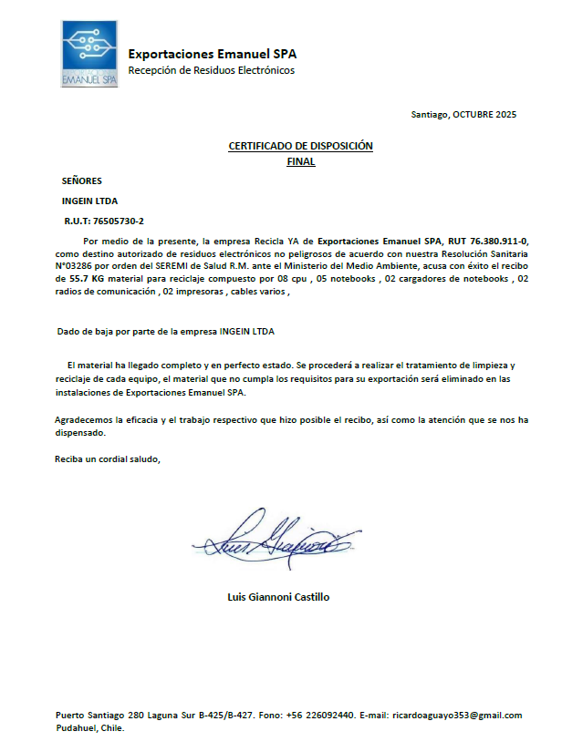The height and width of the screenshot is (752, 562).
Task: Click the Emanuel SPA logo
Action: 89,55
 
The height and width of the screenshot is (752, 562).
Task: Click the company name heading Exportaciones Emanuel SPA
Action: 212,54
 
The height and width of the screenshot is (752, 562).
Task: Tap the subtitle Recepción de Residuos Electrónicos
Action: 211,70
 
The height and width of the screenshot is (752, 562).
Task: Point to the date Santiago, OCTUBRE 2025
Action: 463,115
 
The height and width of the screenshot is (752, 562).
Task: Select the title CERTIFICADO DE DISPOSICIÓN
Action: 300,146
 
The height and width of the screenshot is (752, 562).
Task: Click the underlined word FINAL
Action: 300,161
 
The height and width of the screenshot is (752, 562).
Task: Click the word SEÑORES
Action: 82,181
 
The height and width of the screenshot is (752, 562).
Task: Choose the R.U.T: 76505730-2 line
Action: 104,221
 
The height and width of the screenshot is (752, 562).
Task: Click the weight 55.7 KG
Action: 88,279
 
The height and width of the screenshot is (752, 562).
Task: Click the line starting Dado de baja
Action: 165,331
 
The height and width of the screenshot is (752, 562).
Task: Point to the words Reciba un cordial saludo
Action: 108,458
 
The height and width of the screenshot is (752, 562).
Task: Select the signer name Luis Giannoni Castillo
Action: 278,597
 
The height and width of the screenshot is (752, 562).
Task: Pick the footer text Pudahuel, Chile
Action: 89,728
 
